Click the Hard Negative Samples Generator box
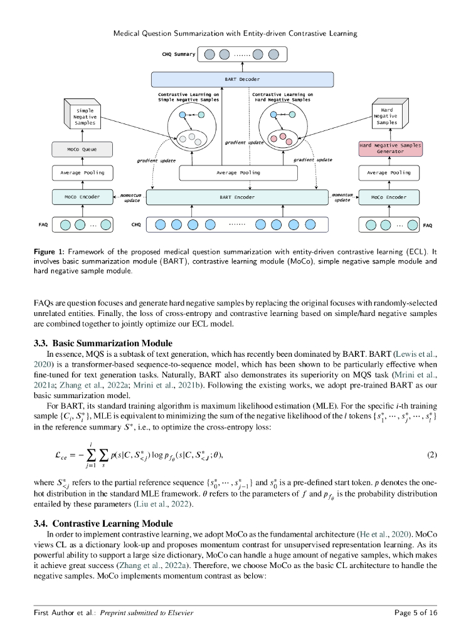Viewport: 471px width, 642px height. coord(390,149)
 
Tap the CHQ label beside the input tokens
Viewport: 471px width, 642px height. coord(136,224)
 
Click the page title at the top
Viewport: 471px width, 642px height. coord(235,33)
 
